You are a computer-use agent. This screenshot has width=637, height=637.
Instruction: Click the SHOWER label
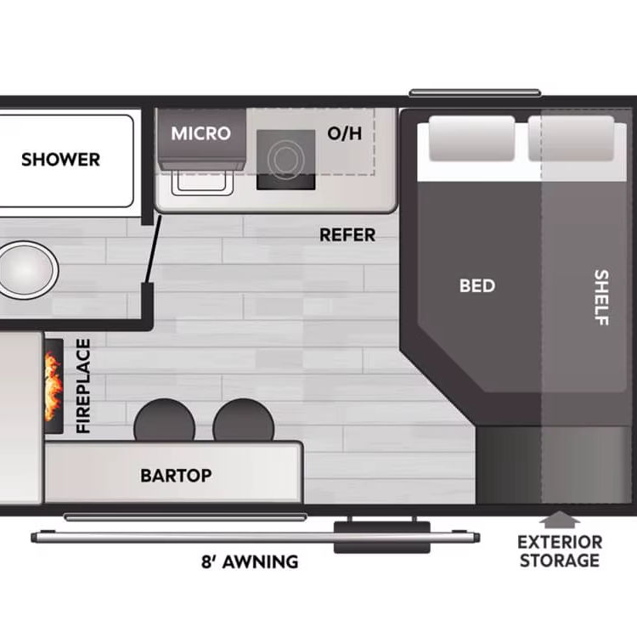[60, 160]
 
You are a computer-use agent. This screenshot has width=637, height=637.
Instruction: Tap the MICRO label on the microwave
[200, 133]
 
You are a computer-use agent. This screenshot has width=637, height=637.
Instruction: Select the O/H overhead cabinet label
[345, 133]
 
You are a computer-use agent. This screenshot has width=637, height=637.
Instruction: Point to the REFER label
[347, 234]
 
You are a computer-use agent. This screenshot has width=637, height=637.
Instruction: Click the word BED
[477, 285]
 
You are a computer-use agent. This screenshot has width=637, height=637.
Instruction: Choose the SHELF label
[601, 297]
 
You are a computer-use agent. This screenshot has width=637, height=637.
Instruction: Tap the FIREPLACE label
[83, 386]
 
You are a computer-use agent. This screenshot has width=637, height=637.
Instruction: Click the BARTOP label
[176, 476]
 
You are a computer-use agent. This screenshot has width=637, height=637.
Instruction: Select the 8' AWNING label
[250, 562]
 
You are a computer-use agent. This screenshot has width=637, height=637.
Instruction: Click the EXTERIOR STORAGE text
[560, 551]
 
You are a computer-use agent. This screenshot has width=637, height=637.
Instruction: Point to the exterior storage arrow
[560, 520]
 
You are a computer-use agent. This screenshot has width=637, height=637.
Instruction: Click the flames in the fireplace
[54, 386]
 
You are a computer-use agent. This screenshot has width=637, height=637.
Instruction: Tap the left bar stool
[164, 420]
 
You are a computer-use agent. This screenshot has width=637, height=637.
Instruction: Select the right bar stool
[244, 420]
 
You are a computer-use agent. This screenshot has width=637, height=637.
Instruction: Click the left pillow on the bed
[471, 138]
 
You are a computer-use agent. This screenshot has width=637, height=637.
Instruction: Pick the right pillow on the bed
[571, 138]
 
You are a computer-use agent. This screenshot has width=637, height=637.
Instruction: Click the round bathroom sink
[27, 270]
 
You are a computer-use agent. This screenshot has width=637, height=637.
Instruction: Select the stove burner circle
[286, 159]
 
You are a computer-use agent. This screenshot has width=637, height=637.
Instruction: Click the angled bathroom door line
[153, 249]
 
